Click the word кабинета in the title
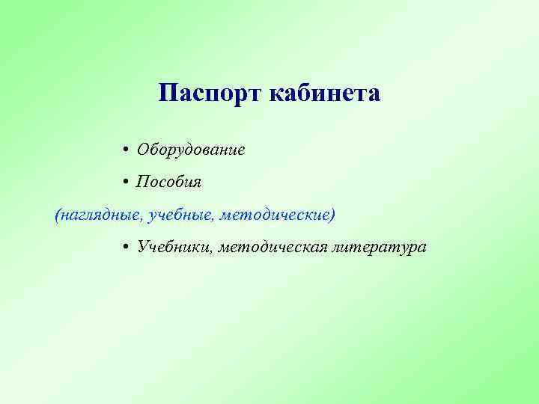tap(323, 94)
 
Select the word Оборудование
tap(191, 150)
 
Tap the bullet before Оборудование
tap(128, 150)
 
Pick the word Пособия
tap(168, 183)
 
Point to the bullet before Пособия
tap(128, 183)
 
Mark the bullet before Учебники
tap(128, 248)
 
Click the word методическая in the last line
tap(272, 248)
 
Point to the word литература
tap(380, 248)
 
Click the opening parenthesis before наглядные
tap(58, 215)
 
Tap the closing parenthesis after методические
tap(332, 215)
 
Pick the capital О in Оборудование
tap(142, 150)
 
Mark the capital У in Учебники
tap(142, 248)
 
